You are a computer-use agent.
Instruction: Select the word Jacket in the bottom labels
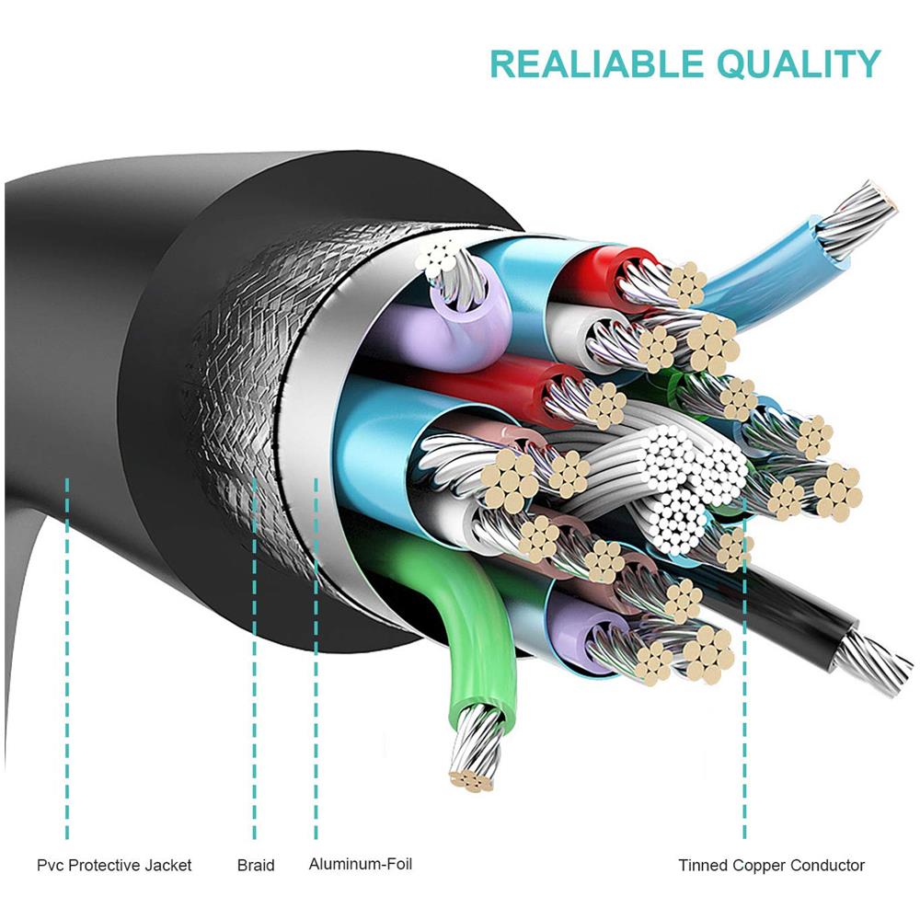coord(167,865)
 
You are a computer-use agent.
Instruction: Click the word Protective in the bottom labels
coord(106,865)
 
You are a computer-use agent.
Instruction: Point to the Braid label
coord(256,865)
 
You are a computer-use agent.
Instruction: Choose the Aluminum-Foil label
coord(361,864)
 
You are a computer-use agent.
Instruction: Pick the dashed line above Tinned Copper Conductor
coord(744,690)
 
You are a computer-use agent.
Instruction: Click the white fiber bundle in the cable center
coord(681,478)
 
